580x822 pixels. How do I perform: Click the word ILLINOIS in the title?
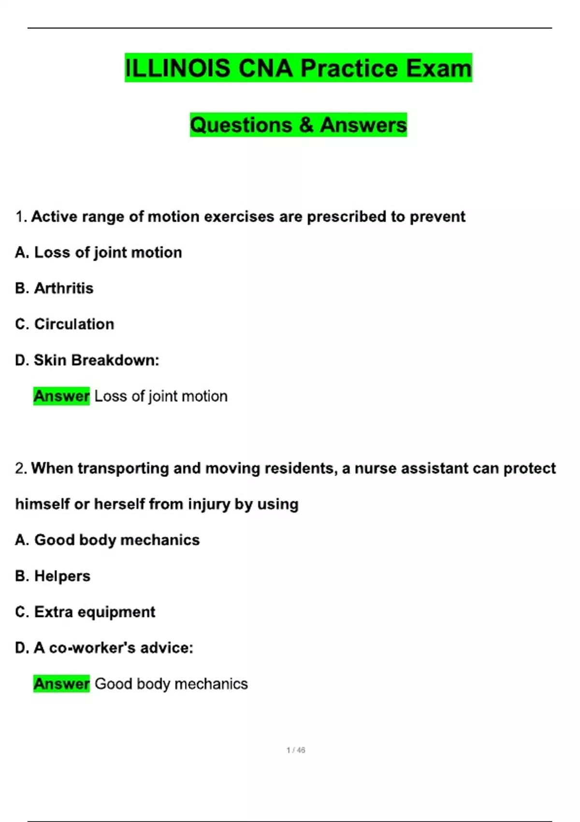click(x=177, y=68)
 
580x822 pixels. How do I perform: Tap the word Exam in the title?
click(x=439, y=68)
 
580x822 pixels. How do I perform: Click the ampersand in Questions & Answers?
click(x=306, y=125)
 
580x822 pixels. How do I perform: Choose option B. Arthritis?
click(x=54, y=288)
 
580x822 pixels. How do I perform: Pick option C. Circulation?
click(x=65, y=324)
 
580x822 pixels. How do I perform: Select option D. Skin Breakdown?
click(x=87, y=360)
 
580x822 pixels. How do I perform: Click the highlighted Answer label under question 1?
click(x=61, y=396)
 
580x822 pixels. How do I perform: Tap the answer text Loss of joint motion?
click(x=161, y=396)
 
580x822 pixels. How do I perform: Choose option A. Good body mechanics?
click(x=107, y=540)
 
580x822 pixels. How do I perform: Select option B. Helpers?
click(x=53, y=576)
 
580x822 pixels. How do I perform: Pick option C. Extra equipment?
click(x=85, y=612)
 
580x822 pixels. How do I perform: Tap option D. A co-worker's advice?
click(x=104, y=648)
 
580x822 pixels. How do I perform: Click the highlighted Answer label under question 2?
click(x=61, y=684)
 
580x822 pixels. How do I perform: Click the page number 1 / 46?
click(x=296, y=750)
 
